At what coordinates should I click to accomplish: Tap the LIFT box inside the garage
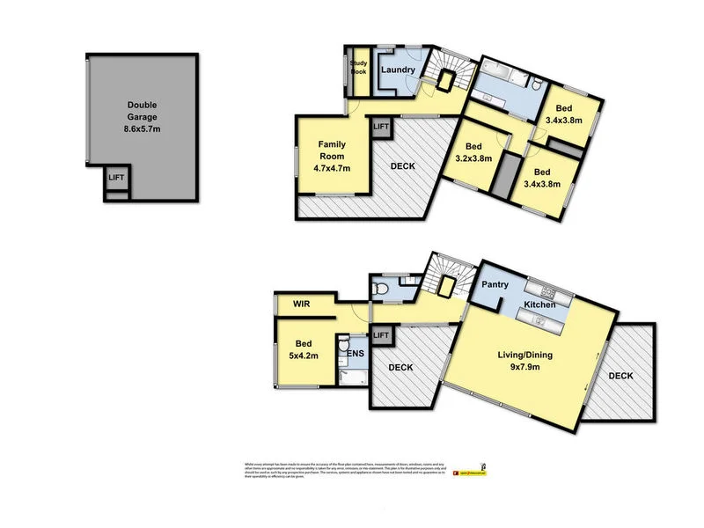click(116, 178)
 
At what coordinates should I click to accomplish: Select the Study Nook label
click(358, 67)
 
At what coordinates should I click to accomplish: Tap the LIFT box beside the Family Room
click(381, 128)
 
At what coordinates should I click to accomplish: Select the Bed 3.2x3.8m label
click(473, 152)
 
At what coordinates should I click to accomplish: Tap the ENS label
click(356, 356)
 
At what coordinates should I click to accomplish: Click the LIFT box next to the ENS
click(381, 335)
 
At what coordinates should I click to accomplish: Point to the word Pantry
click(495, 285)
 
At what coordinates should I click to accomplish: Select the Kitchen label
click(539, 304)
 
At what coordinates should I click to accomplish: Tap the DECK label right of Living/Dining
click(621, 376)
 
